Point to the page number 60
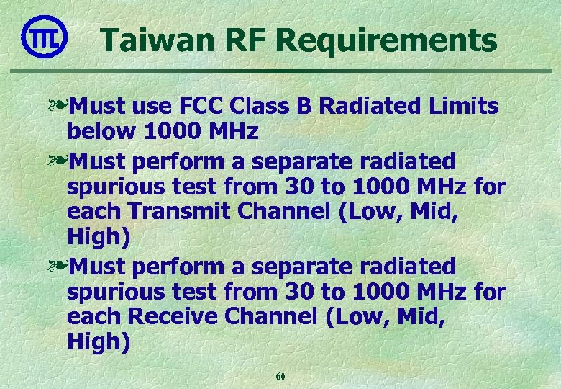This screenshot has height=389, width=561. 280,376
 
